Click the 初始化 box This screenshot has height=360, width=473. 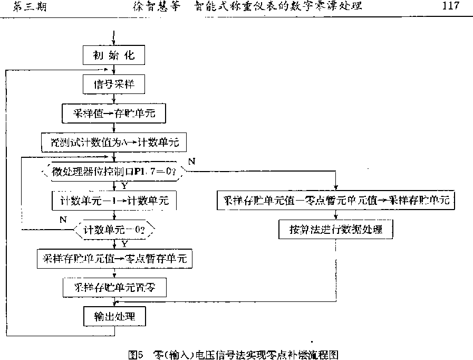click(114, 55)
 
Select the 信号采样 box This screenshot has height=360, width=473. click(114, 83)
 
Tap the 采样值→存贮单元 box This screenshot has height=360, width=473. click(114, 112)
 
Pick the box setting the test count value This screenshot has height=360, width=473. click(114, 141)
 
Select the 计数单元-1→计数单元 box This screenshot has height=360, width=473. click(114, 201)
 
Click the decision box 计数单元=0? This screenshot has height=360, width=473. click(114, 230)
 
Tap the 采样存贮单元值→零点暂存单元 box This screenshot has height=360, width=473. click(114, 259)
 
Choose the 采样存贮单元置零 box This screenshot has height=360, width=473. click(114, 288)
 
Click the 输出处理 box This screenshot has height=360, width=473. click(114, 317)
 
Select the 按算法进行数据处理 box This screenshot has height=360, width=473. click(335, 230)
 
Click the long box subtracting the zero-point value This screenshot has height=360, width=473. click(335, 201)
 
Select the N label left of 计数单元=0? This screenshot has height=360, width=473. click(63, 219)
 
